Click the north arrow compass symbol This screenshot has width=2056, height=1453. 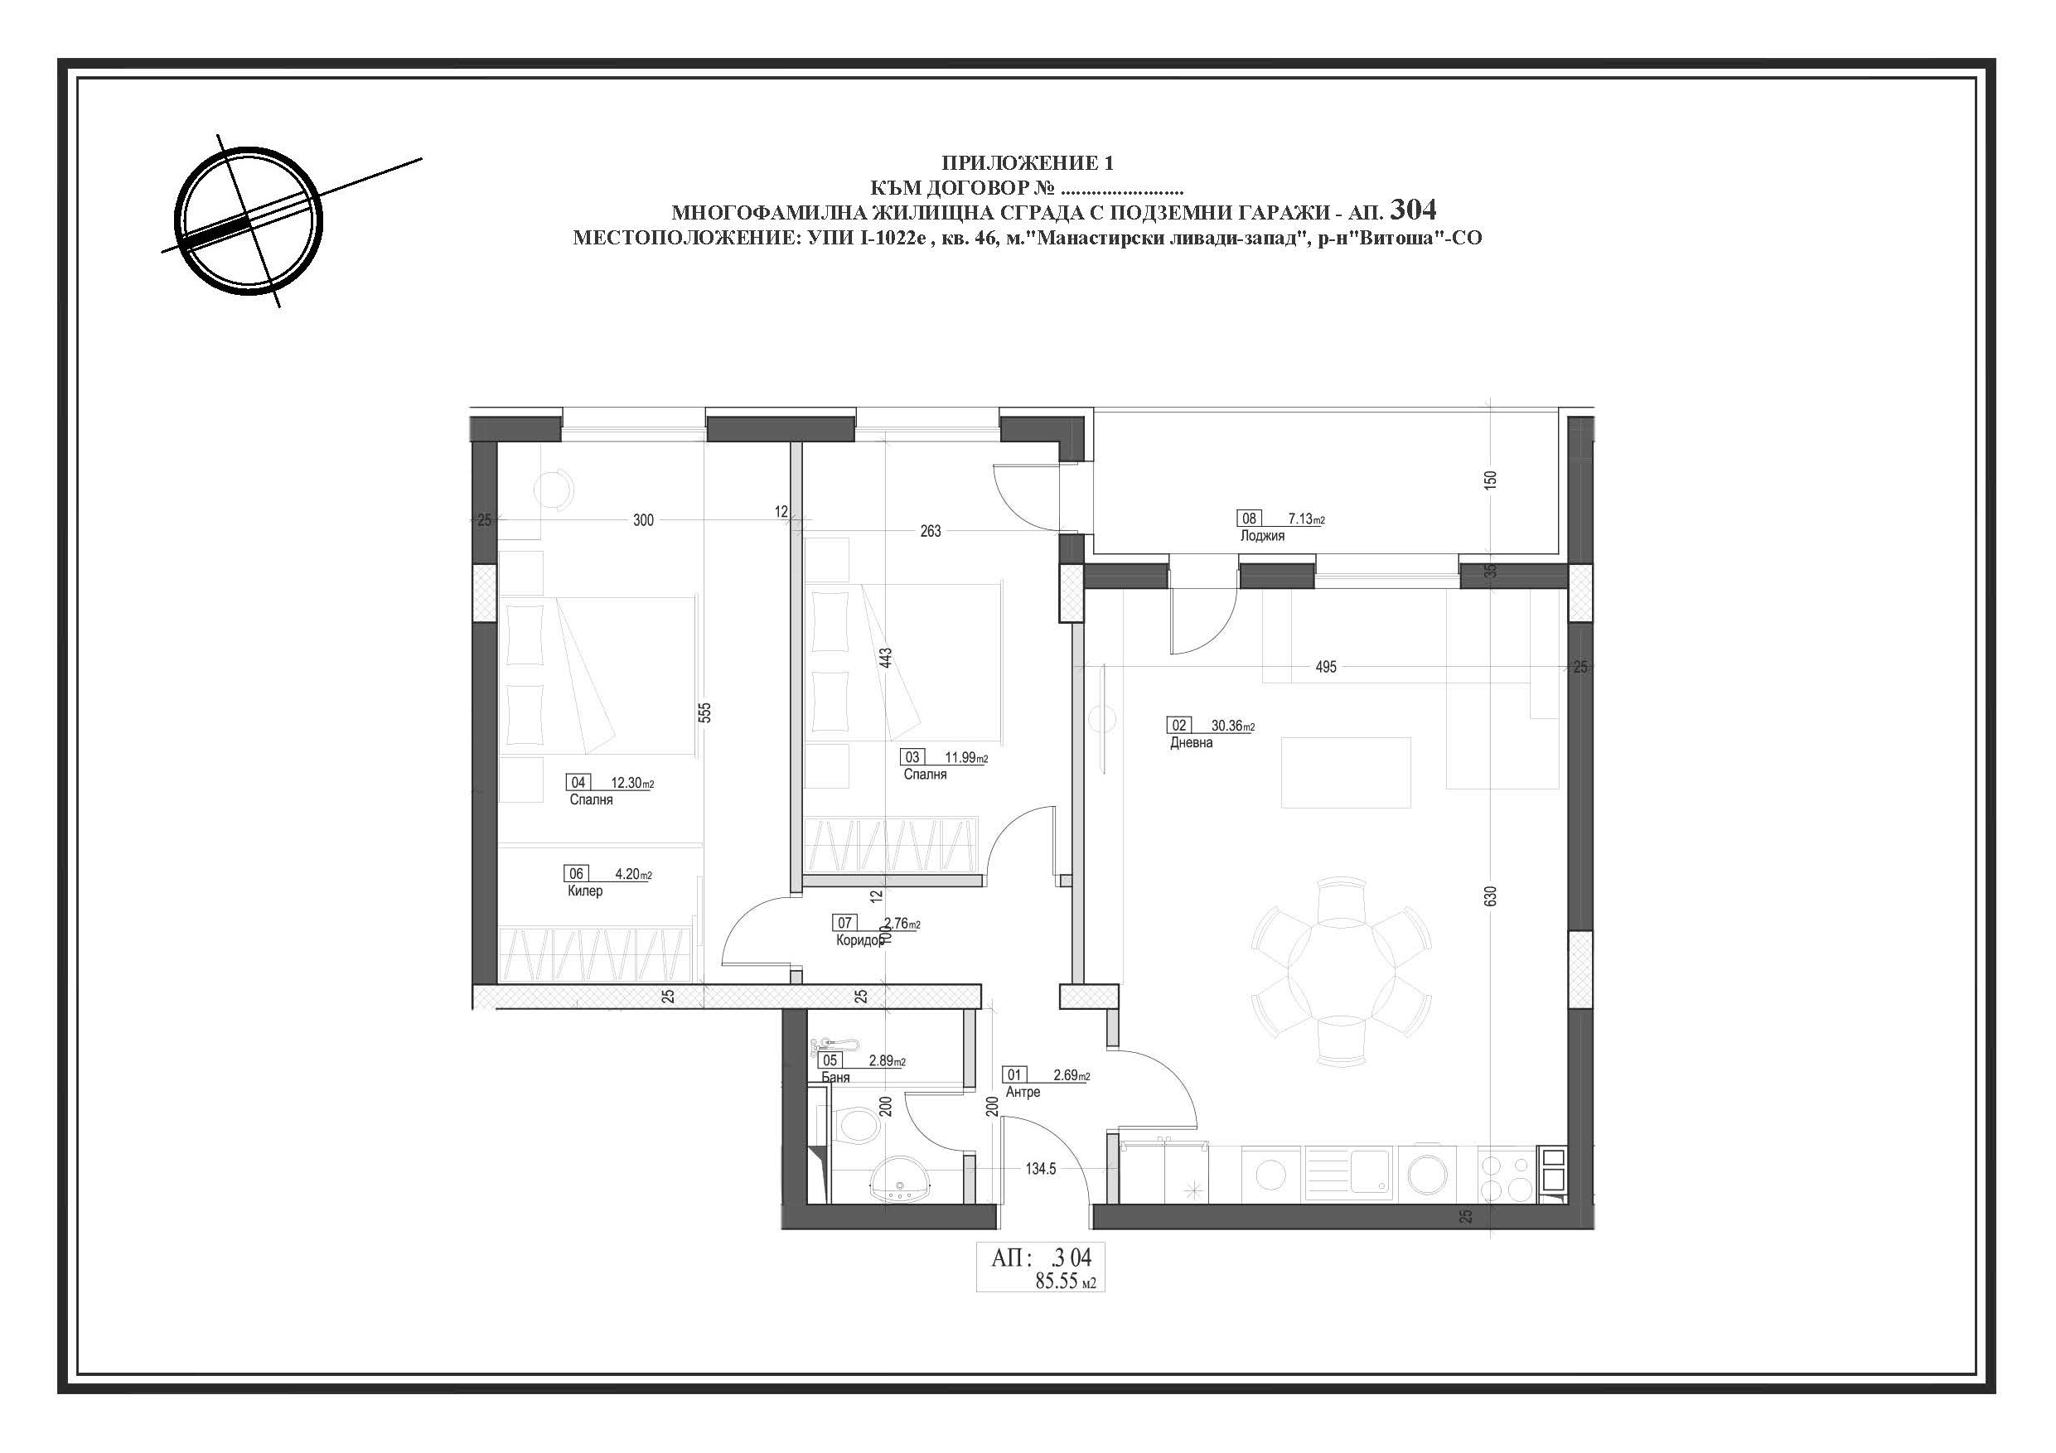pos(248,220)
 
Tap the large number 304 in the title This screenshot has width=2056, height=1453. pos(1413,210)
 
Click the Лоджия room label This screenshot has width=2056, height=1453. pos(1263,536)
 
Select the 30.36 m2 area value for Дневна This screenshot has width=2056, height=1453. pos(1232,726)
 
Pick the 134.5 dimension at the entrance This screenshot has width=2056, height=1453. pos(1041,1168)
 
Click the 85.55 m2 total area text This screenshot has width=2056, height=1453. pos(1066,1282)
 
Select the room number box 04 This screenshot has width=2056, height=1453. pos(578,783)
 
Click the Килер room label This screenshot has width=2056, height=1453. pos(585,891)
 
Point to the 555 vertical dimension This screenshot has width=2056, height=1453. pos(704,712)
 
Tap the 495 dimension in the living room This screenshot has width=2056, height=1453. pos(1326,667)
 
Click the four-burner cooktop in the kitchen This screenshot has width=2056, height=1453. pos(1507,1176)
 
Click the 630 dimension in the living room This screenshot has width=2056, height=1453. pos(1490,896)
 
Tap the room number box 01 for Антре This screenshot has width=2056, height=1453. pos(1014,1075)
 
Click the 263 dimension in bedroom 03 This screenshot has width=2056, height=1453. pos(931,531)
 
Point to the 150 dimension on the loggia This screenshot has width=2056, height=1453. pos(1490,480)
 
